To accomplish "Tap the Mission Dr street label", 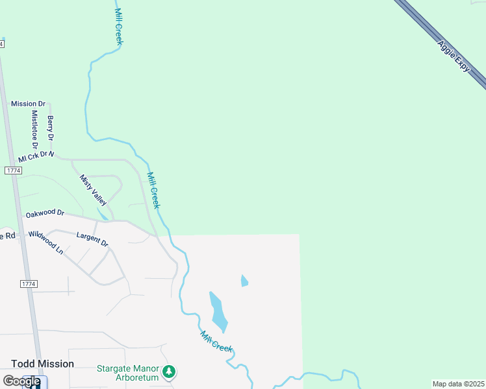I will coord(28,104).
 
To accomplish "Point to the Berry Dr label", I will coord(51,128).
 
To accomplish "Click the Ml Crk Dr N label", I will coord(36,156).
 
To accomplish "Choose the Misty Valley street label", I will coord(93,190).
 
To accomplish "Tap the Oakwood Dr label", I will coord(45,213).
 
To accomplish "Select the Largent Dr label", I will coord(92,239).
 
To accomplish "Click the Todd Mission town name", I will coord(42,364).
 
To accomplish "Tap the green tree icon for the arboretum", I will coord(170,371).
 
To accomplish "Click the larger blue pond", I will coord(218,312).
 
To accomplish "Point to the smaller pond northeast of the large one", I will coord(244,281).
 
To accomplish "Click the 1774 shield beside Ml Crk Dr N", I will coord(12,170).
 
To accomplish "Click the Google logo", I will coord(21,381).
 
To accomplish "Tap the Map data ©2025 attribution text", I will coord(458,384).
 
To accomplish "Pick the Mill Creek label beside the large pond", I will coord(216,342).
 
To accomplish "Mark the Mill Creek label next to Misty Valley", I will coord(153,190).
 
